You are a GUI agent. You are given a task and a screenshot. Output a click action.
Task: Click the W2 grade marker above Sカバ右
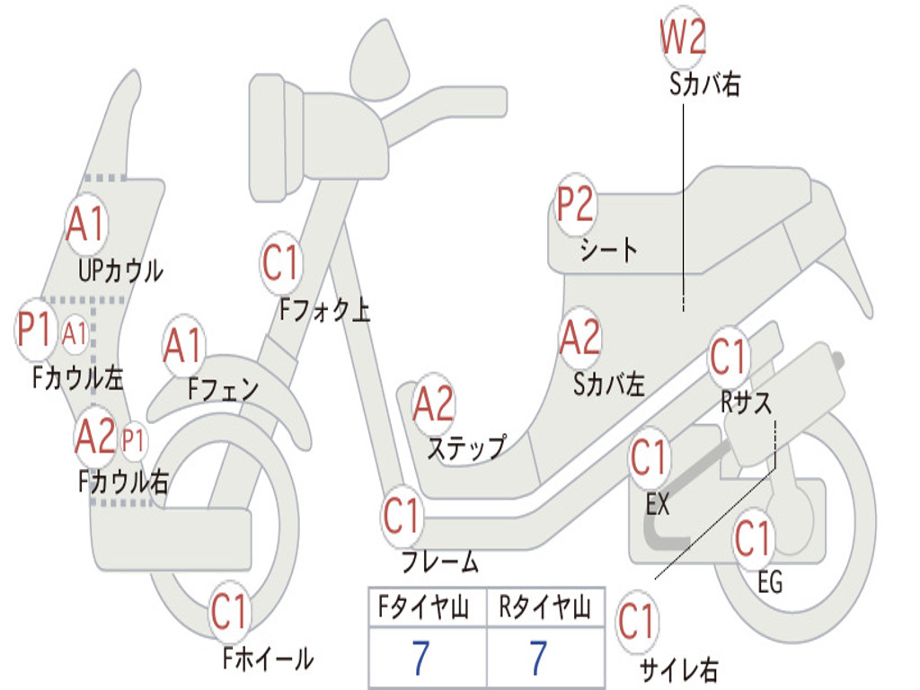683,38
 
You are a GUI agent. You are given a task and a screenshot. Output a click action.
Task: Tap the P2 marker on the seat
575,206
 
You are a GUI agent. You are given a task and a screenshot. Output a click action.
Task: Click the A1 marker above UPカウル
86,225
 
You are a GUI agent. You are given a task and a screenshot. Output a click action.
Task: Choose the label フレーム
439,563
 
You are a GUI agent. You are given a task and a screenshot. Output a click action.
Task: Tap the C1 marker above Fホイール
229,613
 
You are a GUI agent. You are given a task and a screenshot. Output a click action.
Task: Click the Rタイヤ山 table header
544,610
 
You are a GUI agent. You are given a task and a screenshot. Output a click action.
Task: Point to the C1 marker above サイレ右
636,622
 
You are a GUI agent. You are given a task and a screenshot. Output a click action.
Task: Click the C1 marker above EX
648,459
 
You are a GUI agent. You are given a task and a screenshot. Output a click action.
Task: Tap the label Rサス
746,403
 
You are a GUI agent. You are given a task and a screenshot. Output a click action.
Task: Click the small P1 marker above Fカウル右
133,440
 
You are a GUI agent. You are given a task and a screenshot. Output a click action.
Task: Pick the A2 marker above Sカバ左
579,338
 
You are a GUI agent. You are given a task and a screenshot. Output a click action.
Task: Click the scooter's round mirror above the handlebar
380,61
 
